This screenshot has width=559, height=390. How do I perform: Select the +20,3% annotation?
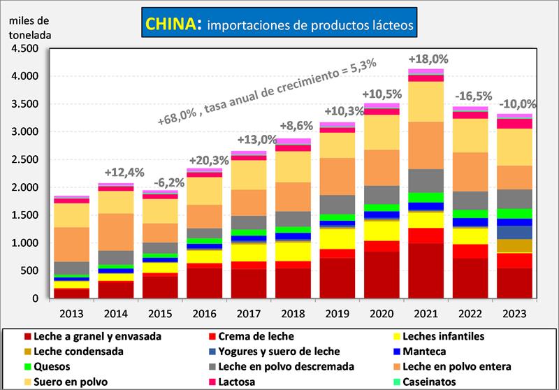tap(203, 159)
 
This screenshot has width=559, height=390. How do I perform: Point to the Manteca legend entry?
tap(431, 351)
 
